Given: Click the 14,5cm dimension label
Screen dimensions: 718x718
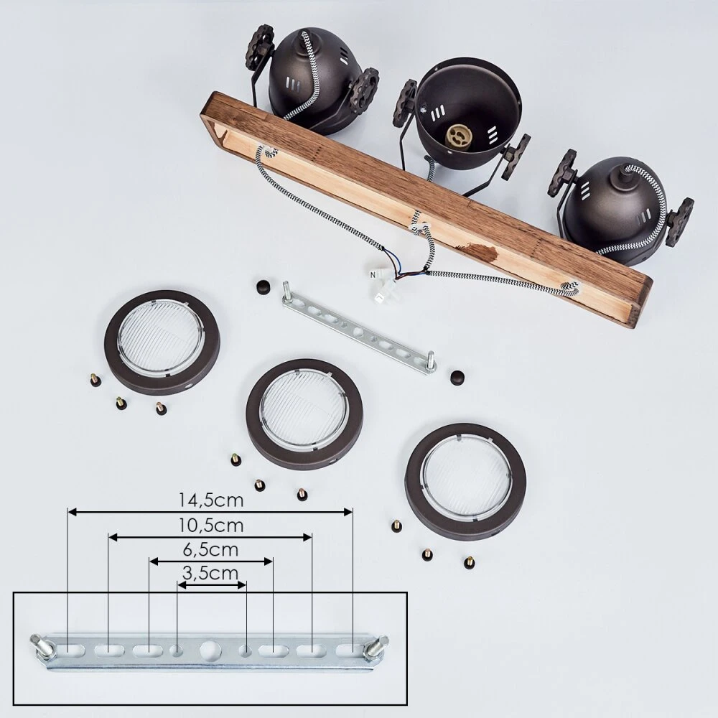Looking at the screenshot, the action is coord(210,500).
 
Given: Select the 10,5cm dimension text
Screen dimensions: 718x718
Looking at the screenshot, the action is coord(210,526).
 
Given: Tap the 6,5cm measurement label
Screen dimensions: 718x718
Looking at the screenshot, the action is coord(210,549).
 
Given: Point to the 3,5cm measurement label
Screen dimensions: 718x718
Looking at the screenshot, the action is coord(210,573).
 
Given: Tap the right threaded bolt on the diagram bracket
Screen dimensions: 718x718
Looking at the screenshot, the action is coord(378,647).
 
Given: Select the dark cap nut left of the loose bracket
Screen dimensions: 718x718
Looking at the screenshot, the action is coord(264,288).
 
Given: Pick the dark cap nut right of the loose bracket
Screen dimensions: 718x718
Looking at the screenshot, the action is coord(457,377).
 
